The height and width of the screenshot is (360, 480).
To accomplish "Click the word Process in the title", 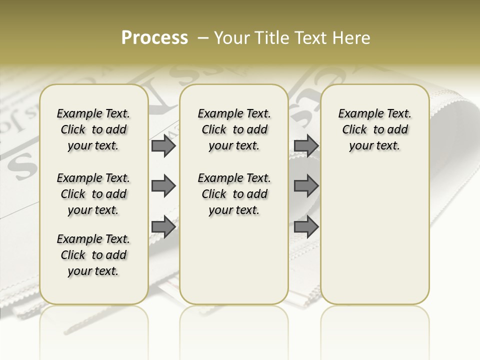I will [154, 38].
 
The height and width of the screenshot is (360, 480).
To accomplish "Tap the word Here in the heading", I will [352, 38].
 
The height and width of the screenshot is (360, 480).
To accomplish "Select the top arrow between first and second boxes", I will [163, 145].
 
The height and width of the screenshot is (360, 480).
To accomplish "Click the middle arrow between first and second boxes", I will [163, 186].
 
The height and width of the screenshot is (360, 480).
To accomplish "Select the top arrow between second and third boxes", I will [306, 145].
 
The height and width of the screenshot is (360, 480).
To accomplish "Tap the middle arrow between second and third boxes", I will [306, 186].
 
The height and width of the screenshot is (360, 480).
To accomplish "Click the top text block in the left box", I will [93, 129].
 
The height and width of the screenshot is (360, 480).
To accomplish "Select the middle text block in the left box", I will [93, 194].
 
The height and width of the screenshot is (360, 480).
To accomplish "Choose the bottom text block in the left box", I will [93, 255].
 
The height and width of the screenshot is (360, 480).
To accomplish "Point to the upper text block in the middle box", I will [234, 129].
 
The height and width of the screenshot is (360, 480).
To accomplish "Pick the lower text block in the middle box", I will [234, 194].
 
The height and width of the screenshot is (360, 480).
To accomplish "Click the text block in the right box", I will [374, 129].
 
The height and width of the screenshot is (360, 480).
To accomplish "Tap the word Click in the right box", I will [354, 130].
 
